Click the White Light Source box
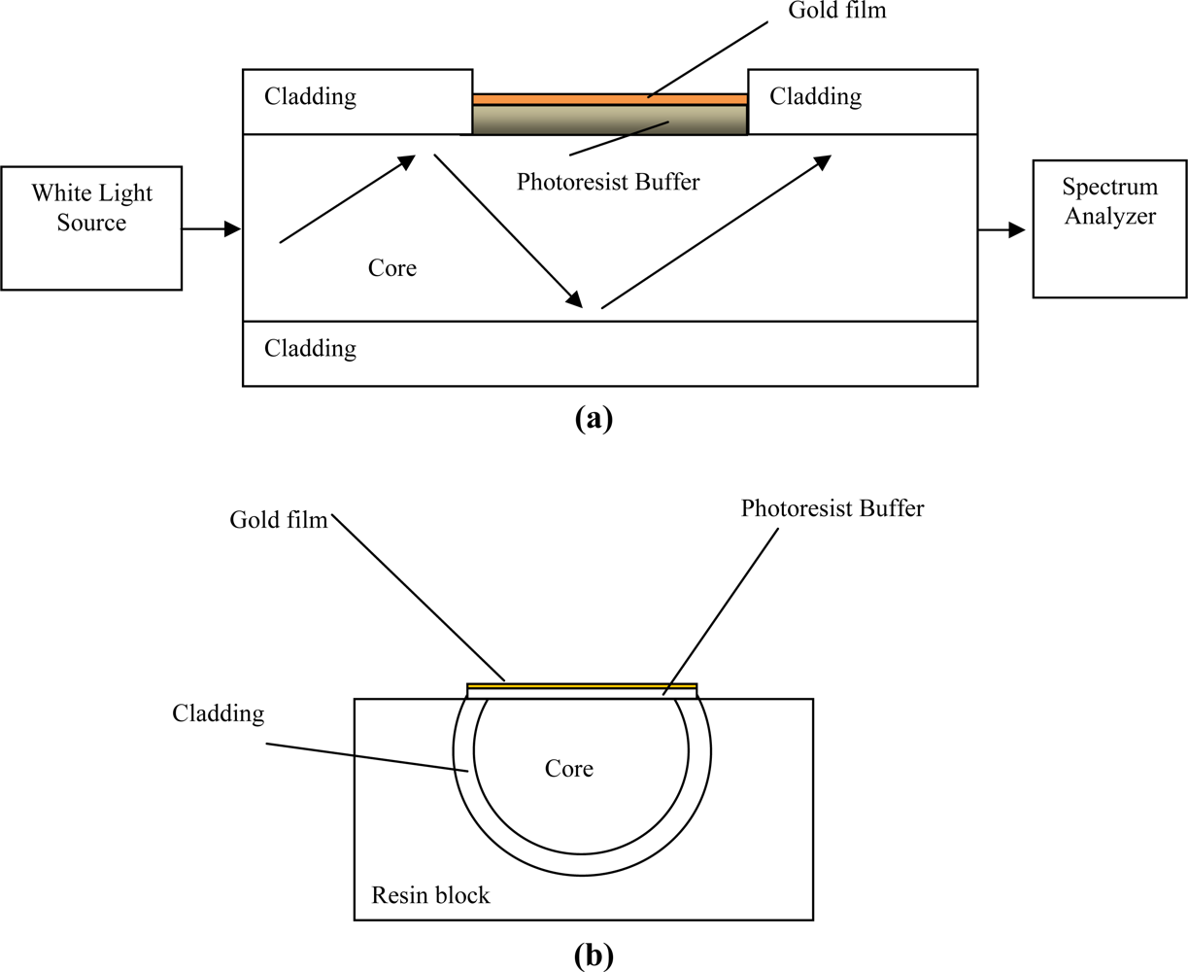[91, 227]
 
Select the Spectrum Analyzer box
[1109, 228]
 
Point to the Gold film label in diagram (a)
[836, 11]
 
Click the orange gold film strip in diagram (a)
[609, 99]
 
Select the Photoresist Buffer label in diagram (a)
[608, 182]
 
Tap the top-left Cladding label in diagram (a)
[310, 96]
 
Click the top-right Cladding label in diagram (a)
[815, 96]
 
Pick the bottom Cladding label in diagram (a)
[310, 348]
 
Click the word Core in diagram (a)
[392, 268]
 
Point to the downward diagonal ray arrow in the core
[508, 229]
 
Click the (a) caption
[594, 418]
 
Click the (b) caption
[594, 955]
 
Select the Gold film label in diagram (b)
[279, 520]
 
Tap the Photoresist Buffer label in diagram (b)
[832, 508]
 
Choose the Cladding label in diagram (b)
[218, 713]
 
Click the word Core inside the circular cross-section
[568, 769]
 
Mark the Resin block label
[430, 894]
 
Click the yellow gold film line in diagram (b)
[582, 687]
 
